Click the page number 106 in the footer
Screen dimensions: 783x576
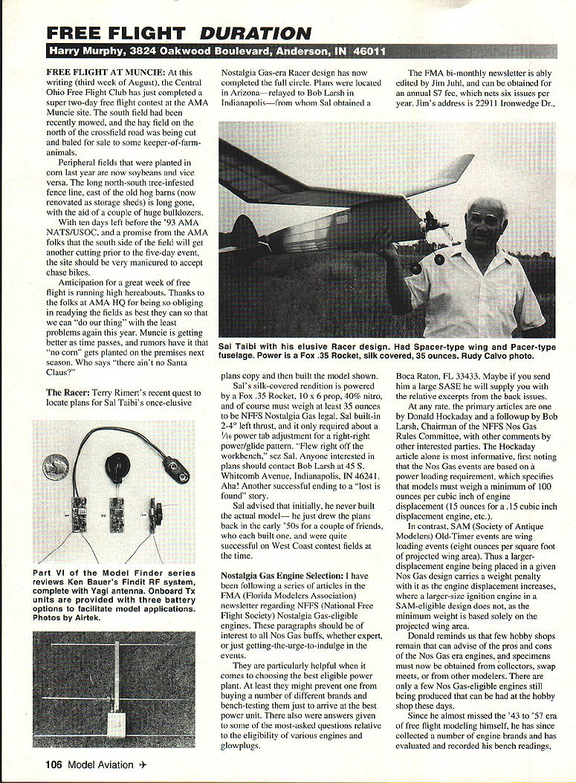53,764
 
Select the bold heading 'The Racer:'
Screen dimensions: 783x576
69,391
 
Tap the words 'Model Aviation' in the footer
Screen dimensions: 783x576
100,764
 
